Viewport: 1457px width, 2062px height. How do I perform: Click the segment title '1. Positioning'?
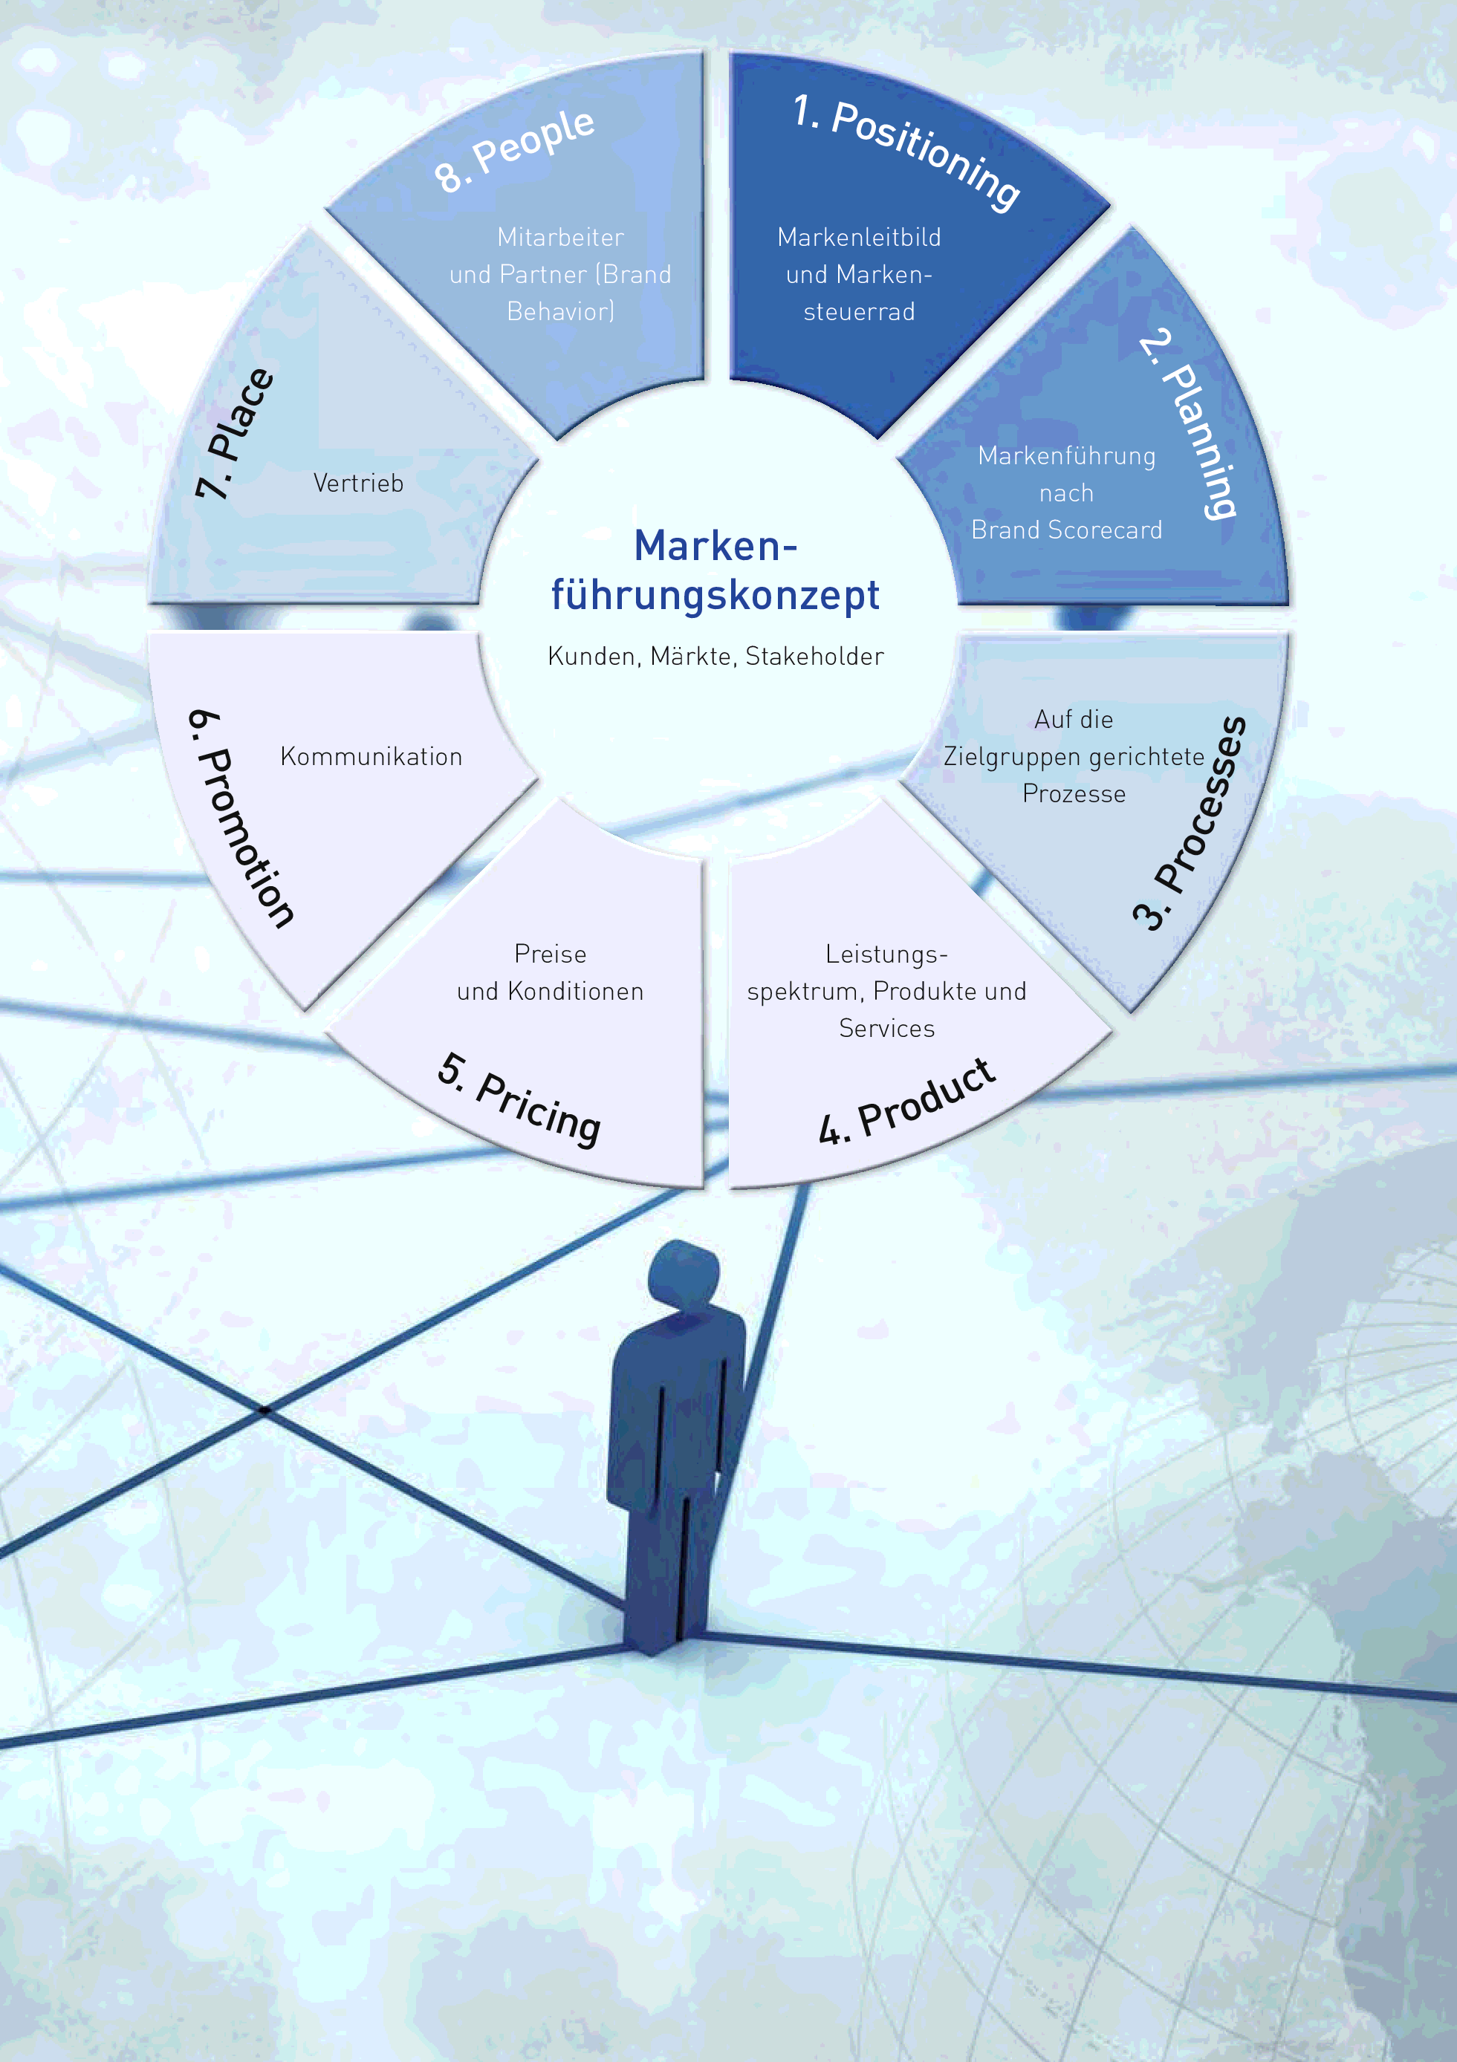point(906,153)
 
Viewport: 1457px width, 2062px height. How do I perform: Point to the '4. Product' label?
point(906,1102)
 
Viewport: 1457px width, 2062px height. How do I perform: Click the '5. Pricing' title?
point(519,1100)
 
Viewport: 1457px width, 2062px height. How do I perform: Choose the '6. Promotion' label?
point(240,818)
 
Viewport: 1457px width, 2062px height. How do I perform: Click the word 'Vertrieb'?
point(358,483)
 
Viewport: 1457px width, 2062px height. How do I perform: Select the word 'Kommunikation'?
point(371,756)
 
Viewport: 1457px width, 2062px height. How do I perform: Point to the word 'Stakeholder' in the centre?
point(815,657)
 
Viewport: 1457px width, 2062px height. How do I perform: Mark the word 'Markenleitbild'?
point(859,237)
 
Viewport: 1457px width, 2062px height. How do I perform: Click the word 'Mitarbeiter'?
point(560,237)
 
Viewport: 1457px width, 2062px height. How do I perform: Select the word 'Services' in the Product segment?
point(886,1028)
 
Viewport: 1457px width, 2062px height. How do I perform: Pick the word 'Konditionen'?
point(576,992)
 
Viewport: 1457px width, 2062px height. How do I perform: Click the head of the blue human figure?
point(684,1275)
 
